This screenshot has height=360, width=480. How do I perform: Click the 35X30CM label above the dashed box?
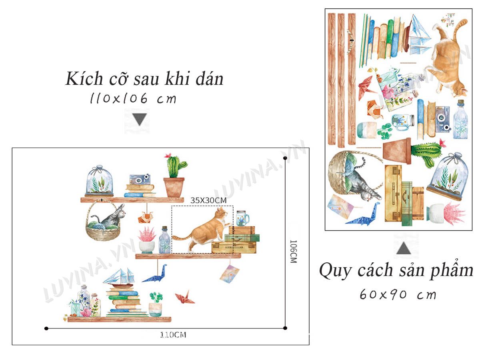click(208, 200)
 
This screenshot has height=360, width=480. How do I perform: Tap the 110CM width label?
click(173, 335)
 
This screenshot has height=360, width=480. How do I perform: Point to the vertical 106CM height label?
click(293, 251)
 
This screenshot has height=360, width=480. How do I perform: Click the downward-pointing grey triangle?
click(139, 119)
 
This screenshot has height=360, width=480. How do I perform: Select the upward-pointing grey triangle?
click(404, 248)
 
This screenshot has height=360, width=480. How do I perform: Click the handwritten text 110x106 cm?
click(133, 98)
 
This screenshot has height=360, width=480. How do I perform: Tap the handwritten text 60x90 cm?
click(398, 295)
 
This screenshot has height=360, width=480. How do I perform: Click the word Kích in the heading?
click(84, 78)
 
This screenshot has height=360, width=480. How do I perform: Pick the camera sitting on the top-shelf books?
click(140, 179)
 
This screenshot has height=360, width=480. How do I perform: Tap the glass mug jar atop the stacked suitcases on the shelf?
click(242, 218)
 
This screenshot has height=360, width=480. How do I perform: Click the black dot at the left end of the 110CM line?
click(46, 328)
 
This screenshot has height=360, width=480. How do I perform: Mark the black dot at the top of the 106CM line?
click(285, 158)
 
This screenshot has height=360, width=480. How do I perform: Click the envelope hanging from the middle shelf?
click(229, 274)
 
